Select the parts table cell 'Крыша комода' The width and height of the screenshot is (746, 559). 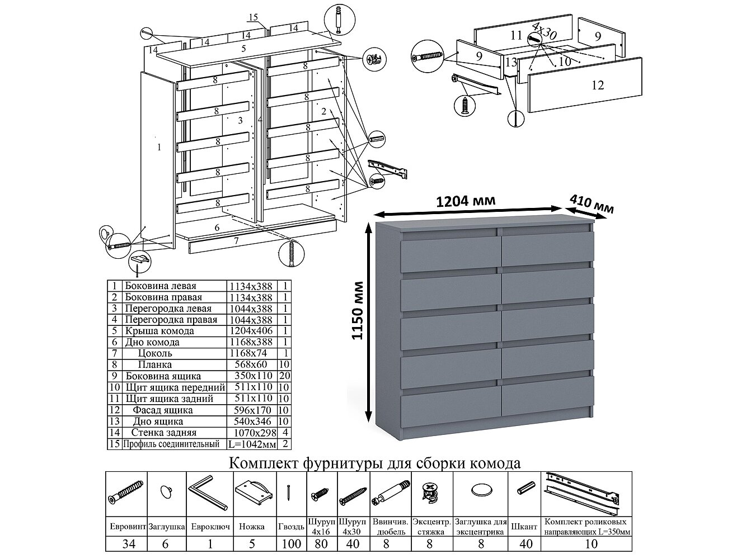(x=159, y=331)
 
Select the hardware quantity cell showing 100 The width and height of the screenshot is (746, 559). (x=291, y=544)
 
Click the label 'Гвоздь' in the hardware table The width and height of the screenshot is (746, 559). (x=291, y=527)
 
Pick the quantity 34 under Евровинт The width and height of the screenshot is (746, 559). (x=127, y=544)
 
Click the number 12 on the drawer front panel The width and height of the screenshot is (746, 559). (x=597, y=85)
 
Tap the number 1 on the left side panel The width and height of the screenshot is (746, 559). (x=159, y=148)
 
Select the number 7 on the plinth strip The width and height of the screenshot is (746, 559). (x=237, y=241)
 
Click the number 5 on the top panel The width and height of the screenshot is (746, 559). (x=244, y=49)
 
